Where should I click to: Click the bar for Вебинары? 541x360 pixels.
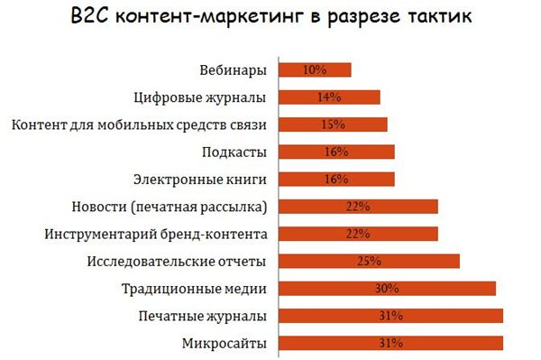click(315, 69)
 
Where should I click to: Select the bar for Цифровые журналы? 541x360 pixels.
click(329, 97)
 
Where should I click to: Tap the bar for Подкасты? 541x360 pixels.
click(336, 152)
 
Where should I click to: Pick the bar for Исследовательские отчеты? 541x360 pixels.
click(369, 262)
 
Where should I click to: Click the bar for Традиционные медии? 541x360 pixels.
click(388, 289)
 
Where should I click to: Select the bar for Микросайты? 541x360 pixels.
click(390, 343)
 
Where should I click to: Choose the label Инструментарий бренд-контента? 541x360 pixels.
click(156, 235)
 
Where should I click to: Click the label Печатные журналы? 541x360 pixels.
click(203, 316)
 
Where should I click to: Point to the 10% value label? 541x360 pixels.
click(315, 69)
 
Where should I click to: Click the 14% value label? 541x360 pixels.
click(329, 97)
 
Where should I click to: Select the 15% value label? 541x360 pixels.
click(333, 125)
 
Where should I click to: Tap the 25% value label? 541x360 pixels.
click(369, 262)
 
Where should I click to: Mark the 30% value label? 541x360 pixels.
click(388, 289)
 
